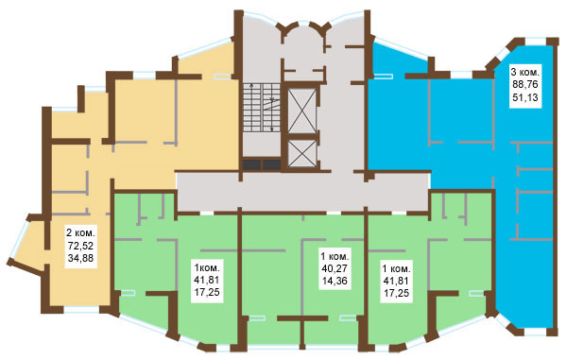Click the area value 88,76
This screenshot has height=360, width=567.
pyautogui.click(x=525, y=84)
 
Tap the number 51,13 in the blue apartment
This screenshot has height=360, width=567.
pyautogui.click(x=525, y=97)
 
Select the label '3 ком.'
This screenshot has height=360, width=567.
pyautogui.click(x=525, y=71)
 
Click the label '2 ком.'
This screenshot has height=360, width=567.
pyautogui.click(x=80, y=231)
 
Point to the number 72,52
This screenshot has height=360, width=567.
pyautogui.click(x=80, y=246)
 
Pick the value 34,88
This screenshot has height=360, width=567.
pyautogui.click(x=80, y=258)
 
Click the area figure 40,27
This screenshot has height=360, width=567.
pyautogui.click(x=335, y=267)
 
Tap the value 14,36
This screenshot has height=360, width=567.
pyautogui.click(x=335, y=281)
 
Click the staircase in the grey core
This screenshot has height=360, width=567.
pyautogui.click(x=262, y=107)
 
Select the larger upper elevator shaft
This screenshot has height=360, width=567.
pyautogui.click(x=302, y=111)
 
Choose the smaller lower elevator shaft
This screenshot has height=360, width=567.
pyautogui.click(x=302, y=153)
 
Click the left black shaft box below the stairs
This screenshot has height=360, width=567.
pyautogui.click(x=251, y=164)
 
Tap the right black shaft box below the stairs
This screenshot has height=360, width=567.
pyautogui.click(x=271, y=164)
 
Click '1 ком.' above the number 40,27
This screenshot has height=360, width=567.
pyautogui.click(x=335, y=256)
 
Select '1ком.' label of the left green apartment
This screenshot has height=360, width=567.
pyautogui.click(x=206, y=268)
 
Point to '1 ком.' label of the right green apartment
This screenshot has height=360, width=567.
pyautogui.click(x=396, y=268)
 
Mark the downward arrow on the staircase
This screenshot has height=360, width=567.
pyautogui.click(x=272, y=113)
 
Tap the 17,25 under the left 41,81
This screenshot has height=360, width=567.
pyautogui.click(x=206, y=292)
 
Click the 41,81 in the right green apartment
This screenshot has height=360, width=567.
pyautogui.click(x=396, y=281)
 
